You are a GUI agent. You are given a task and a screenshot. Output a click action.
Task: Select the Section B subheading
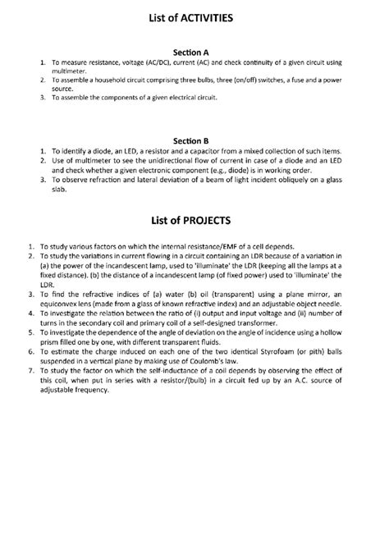click(x=194, y=140)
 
